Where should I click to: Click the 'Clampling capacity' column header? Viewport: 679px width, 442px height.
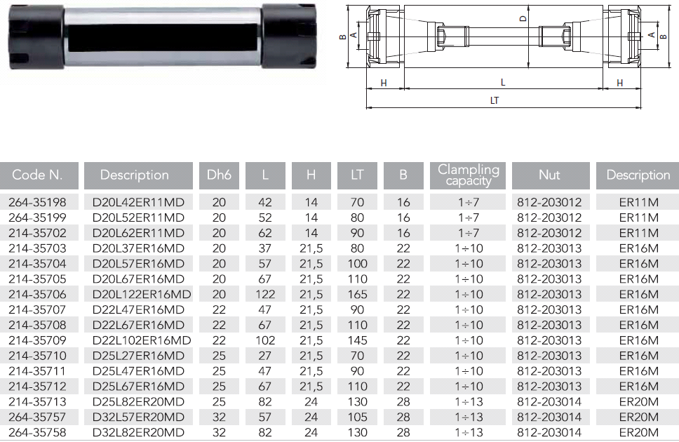point(468,175)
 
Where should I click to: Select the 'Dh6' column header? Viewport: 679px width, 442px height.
point(219,175)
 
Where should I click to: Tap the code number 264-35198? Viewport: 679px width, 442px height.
point(37,202)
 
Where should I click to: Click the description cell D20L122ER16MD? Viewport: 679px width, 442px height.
point(142,294)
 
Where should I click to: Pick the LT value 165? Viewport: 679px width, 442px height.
point(357,294)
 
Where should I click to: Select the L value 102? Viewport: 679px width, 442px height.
point(265,340)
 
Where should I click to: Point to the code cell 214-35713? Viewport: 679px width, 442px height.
point(37,402)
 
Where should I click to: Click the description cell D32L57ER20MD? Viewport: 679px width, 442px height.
point(138,417)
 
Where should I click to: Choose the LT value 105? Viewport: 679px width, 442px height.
point(357,417)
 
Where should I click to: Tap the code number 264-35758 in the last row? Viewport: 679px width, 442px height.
point(37,432)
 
